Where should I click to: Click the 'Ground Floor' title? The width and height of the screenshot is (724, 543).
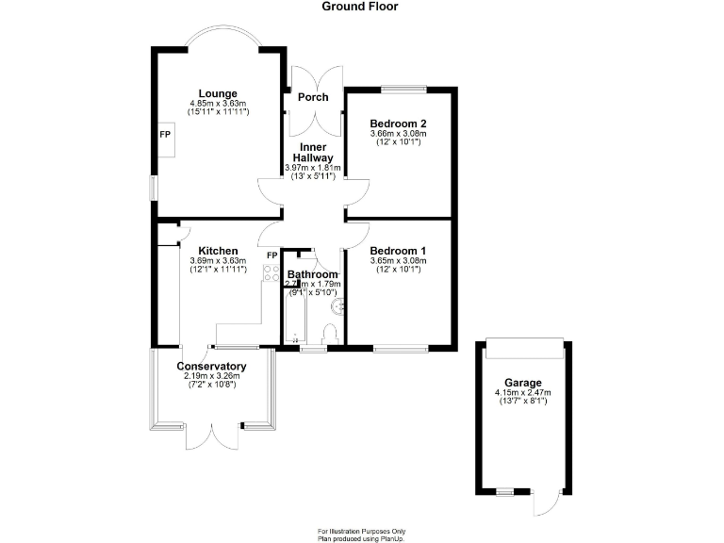point(360,7)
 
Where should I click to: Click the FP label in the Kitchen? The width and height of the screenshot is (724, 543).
point(271,255)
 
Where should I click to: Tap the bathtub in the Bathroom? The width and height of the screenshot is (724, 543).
point(292,316)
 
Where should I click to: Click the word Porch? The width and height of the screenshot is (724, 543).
point(313,97)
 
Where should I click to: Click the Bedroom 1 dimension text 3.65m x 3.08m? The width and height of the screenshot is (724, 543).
point(398,261)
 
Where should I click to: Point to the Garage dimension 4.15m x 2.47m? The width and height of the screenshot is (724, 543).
point(521,392)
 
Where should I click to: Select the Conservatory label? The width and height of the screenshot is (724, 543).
point(212,367)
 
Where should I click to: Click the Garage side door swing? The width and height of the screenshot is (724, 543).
point(544,504)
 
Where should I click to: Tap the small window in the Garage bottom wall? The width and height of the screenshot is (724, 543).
point(505,492)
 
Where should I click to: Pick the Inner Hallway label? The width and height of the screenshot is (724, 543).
point(313,153)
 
